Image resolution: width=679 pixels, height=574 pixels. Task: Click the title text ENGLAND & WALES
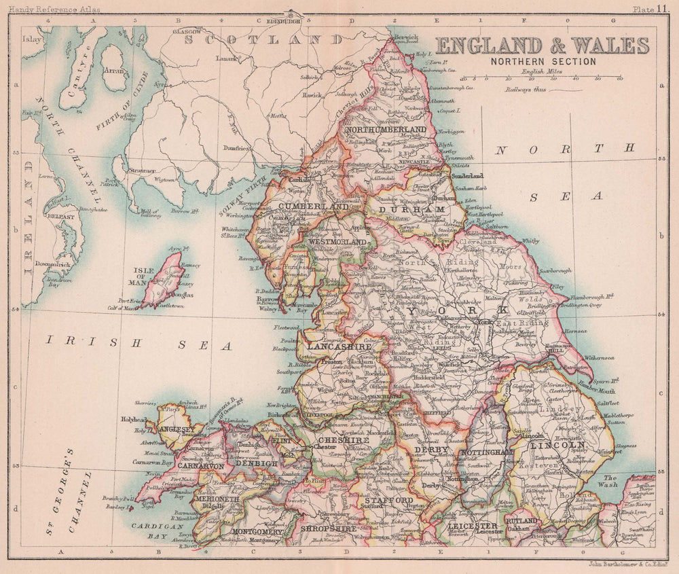click(542, 46)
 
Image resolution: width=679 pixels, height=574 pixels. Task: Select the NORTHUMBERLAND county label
click(386, 129)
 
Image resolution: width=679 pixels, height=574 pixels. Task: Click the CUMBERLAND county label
click(301, 206)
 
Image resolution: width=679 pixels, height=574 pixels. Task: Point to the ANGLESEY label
click(178, 429)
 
